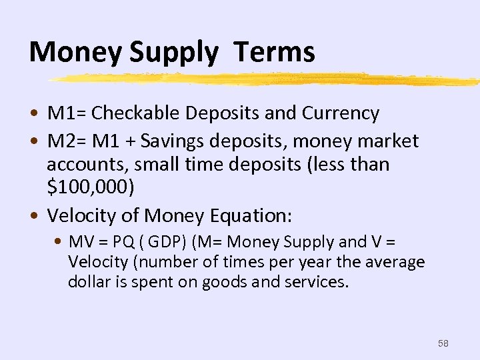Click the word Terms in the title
point(274,52)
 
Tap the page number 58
point(443,343)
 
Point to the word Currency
point(341,113)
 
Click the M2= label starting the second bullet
point(66,141)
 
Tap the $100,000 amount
point(91,187)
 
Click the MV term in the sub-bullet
point(79,242)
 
